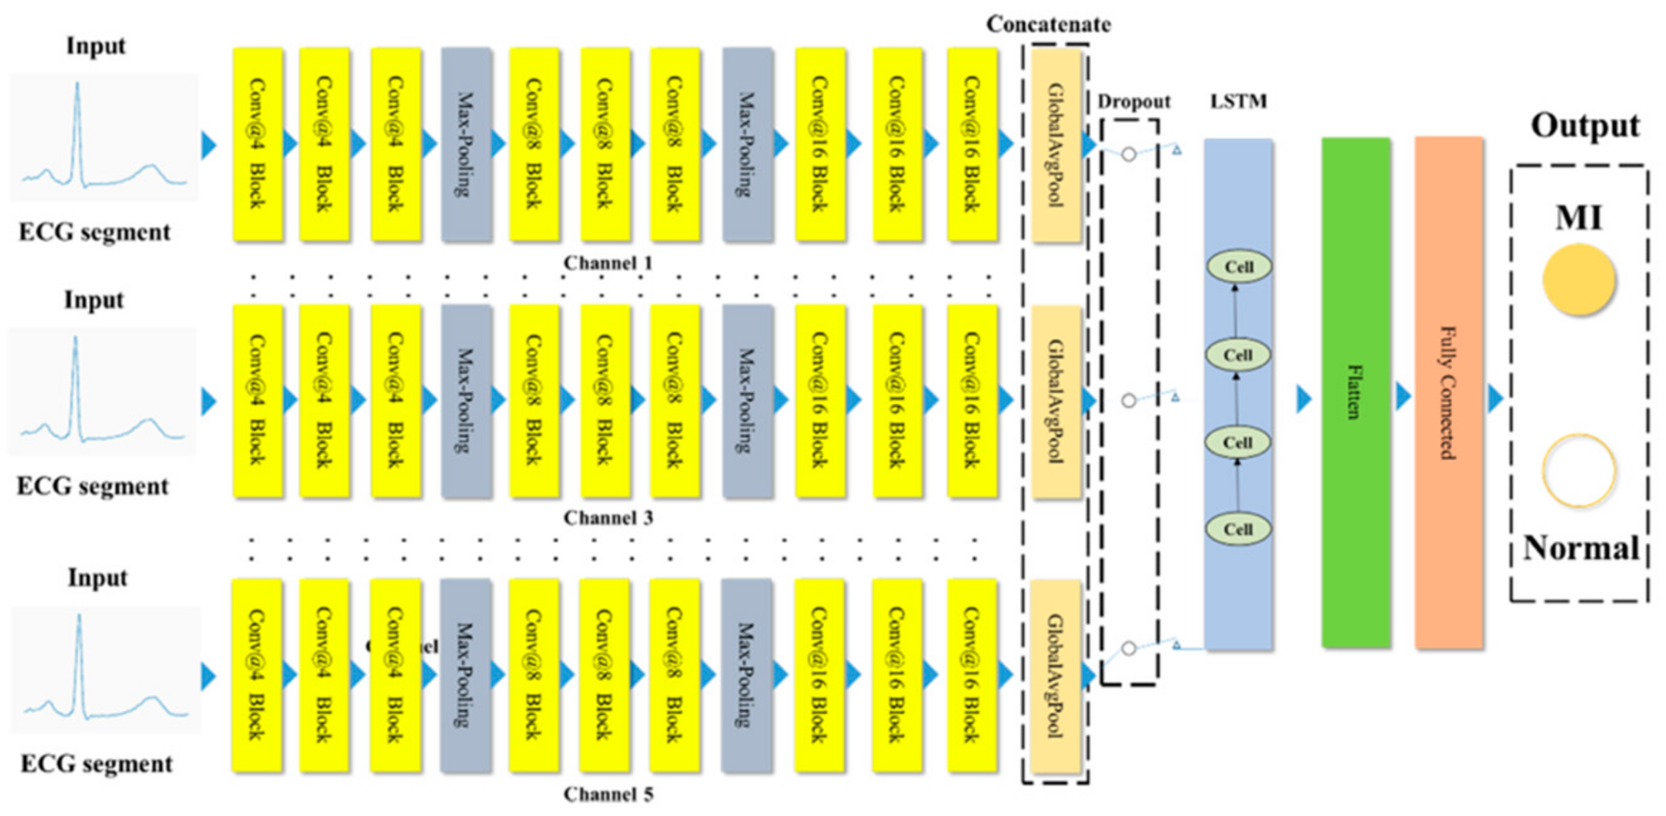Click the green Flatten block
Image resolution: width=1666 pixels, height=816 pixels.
[1356, 393]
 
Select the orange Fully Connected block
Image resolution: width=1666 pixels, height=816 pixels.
[1449, 393]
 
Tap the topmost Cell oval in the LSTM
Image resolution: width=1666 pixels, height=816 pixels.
[1239, 267]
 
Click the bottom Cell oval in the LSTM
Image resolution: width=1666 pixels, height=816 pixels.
[1237, 529]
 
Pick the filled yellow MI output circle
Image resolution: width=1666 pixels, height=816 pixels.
[1578, 280]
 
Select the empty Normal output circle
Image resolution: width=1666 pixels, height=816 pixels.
[1578, 471]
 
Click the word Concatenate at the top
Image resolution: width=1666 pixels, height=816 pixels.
[1048, 25]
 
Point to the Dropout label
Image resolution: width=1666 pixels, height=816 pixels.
[1134, 102]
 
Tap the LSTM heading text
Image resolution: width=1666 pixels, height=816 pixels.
[1238, 102]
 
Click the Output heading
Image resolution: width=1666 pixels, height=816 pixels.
[1585, 126]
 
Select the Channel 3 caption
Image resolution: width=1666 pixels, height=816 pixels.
[608, 518]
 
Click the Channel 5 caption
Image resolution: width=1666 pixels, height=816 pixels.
[608, 795]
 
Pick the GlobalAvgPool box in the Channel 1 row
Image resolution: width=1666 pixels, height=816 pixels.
[1056, 145]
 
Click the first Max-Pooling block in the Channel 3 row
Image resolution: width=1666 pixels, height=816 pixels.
[466, 401]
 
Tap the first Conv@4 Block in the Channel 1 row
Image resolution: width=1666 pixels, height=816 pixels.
[257, 144]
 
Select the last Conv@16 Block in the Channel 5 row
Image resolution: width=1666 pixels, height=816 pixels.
[972, 676]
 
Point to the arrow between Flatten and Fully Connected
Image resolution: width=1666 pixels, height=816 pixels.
[1403, 397]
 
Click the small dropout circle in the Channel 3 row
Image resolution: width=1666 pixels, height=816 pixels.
[1128, 401]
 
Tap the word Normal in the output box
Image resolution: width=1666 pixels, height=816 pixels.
[1580, 548]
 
